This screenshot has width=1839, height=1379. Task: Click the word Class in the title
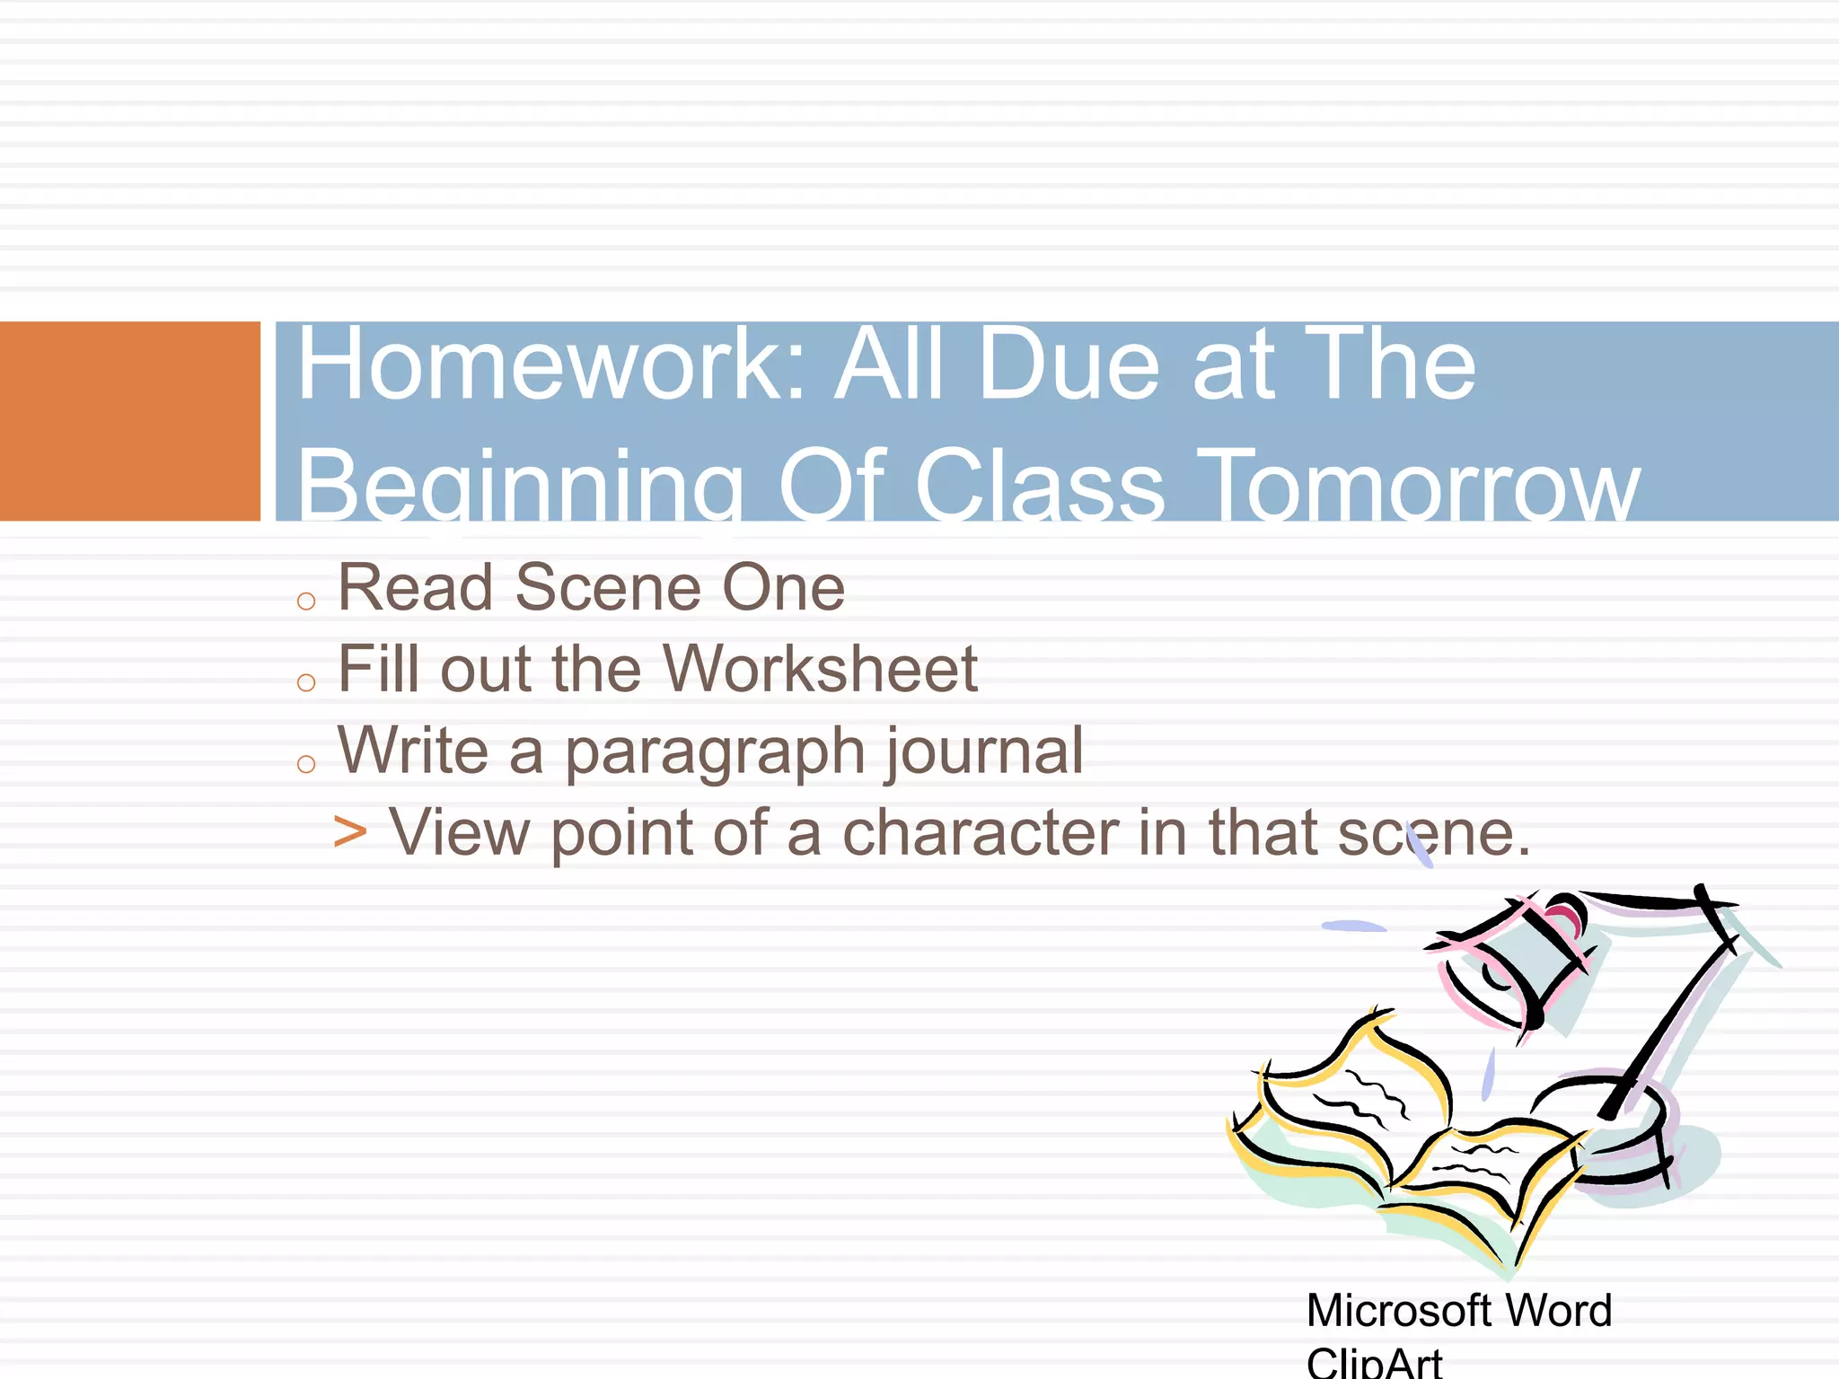coord(1039,486)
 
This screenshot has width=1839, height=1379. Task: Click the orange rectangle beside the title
coord(129,420)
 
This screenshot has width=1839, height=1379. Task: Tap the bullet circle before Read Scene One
coord(306,601)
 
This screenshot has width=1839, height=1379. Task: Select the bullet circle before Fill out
coord(306,682)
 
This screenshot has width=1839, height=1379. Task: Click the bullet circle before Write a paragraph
coord(306,764)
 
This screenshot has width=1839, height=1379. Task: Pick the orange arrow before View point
coord(349,831)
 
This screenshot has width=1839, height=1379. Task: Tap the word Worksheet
coord(820,669)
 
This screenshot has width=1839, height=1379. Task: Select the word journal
coord(985,751)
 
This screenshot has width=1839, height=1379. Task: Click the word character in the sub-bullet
coord(981,833)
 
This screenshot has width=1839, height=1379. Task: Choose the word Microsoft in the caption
coord(1395,1310)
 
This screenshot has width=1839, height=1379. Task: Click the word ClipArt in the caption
coord(1374,1363)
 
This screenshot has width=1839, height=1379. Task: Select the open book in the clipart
coord(1401,1140)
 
